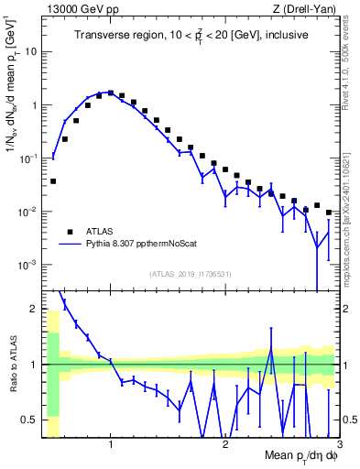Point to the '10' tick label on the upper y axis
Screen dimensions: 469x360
(30, 51)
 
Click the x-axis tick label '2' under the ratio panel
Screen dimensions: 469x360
(225, 444)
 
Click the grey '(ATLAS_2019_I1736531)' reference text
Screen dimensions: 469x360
(190, 274)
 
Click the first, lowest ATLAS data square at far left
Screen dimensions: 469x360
(53, 181)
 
